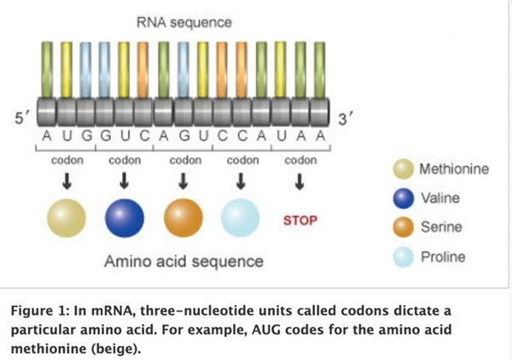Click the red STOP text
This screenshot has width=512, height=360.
pyautogui.click(x=300, y=220)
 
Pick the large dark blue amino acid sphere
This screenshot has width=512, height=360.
pyautogui.click(x=125, y=219)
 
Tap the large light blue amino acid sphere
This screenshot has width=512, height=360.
pyautogui.click(x=241, y=219)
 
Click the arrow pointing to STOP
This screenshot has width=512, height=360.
pyautogui.click(x=300, y=182)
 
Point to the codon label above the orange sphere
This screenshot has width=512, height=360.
pyautogui.click(x=184, y=160)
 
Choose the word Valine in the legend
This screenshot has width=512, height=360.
pyautogui.click(x=440, y=198)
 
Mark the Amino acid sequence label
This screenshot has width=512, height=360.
pyautogui.click(x=183, y=259)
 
